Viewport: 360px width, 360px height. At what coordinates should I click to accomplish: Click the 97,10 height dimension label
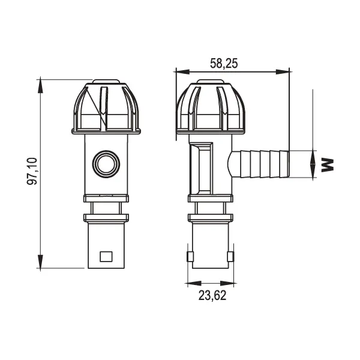click(x=32, y=171)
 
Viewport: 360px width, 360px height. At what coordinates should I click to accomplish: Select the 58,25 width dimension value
click(x=224, y=64)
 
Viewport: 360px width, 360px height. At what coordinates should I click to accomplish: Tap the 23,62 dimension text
click(x=212, y=295)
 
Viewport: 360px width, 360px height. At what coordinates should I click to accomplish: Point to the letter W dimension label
click(x=327, y=164)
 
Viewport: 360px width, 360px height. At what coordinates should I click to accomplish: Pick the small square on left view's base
click(x=106, y=256)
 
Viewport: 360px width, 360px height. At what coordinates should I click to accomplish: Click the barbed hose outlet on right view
click(x=259, y=164)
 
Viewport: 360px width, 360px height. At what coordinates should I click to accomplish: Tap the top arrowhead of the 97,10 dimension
click(x=40, y=85)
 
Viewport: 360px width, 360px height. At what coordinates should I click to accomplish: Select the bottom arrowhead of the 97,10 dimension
click(x=40, y=262)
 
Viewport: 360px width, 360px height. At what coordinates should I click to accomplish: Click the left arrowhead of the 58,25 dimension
click(x=182, y=71)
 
